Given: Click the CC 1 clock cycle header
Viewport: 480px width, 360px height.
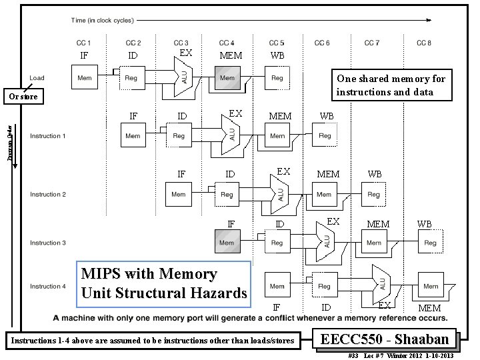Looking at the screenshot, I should [84, 43].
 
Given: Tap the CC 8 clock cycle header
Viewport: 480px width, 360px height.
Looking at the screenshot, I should [423, 43].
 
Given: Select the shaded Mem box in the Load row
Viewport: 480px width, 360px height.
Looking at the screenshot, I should [227, 78].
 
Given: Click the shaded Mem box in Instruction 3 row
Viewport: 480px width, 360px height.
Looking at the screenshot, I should [227, 243].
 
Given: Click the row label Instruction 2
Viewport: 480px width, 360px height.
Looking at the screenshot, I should [48, 195].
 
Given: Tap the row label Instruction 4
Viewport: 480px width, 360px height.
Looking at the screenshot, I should [48, 287].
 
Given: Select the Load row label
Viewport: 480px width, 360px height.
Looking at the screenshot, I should [37, 78].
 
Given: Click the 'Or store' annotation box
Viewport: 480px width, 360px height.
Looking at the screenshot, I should [23, 98].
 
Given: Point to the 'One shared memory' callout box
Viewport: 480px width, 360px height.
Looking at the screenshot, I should [391, 85].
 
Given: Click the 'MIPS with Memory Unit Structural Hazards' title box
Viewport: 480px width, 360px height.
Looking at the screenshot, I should [164, 283].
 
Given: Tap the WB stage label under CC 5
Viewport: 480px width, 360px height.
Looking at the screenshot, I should [277, 55].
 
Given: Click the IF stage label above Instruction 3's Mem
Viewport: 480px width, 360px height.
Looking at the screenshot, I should [231, 224].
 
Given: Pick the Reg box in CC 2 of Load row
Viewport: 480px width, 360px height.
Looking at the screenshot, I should [132, 78].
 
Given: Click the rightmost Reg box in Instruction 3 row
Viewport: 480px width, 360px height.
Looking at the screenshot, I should [430, 243].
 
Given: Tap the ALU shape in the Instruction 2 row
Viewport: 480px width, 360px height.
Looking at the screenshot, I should [280, 194].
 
